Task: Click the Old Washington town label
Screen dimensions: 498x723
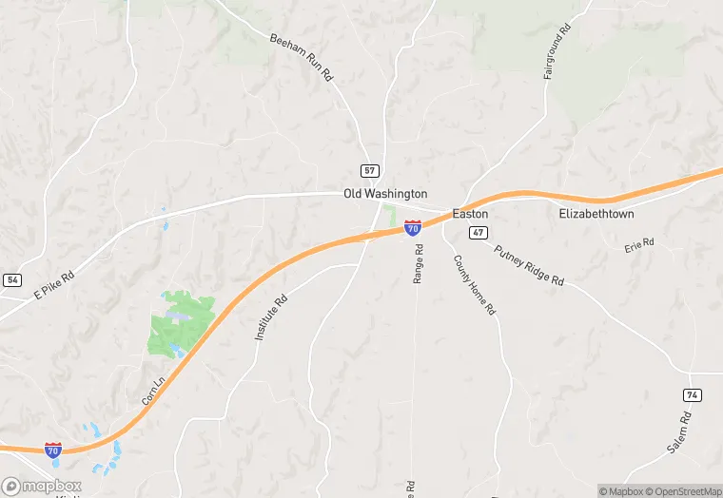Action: (x=385, y=194)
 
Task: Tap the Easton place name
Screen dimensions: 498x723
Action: (x=470, y=214)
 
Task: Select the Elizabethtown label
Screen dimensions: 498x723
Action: (x=596, y=214)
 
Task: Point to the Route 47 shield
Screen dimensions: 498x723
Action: (x=479, y=233)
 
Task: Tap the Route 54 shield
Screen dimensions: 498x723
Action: (x=12, y=279)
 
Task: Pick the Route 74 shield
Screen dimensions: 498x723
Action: (x=693, y=394)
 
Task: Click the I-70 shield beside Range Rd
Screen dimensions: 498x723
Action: (x=413, y=228)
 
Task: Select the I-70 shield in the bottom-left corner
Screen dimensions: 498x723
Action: (x=54, y=450)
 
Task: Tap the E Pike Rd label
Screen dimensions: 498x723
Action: (x=54, y=282)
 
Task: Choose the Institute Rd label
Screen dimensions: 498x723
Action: (x=271, y=317)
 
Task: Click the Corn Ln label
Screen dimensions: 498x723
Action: (x=152, y=389)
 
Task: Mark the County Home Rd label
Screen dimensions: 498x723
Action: (x=475, y=286)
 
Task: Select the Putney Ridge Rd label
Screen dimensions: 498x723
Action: (x=529, y=263)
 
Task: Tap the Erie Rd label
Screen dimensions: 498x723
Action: (x=639, y=244)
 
